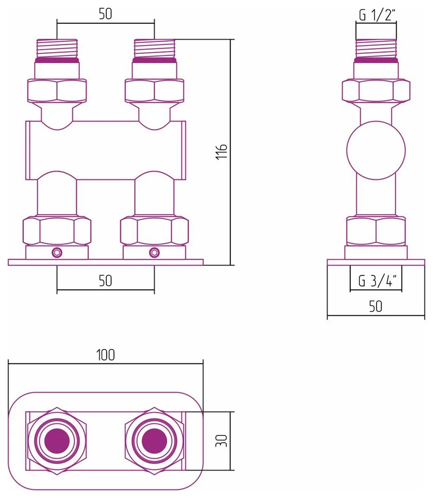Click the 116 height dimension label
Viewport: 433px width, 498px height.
point(222,152)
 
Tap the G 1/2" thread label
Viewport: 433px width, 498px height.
point(377,15)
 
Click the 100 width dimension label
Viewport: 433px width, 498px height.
point(106,355)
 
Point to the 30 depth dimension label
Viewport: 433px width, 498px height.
point(221,441)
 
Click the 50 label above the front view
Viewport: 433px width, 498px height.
point(105,14)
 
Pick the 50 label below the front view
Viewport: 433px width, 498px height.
point(105,281)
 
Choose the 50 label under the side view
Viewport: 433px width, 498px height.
point(376,306)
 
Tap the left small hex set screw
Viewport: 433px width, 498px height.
point(57,252)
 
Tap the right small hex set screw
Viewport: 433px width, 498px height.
point(154,252)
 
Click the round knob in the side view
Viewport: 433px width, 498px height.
point(376,150)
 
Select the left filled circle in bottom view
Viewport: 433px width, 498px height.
point(57,441)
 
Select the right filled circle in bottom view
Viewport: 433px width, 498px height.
point(154,441)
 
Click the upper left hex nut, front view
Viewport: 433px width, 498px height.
point(57,91)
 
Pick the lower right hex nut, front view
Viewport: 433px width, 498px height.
point(154,231)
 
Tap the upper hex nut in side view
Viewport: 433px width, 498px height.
point(376,91)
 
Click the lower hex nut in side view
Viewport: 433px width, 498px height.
point(376,231)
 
